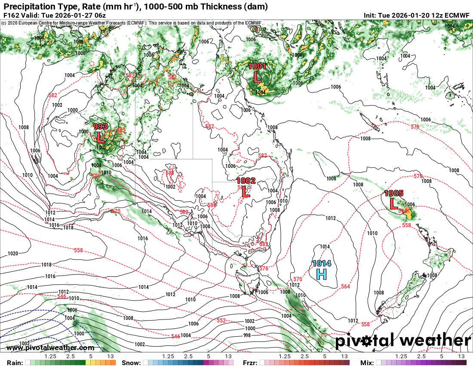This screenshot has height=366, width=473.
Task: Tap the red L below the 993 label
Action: (x=100, y=138)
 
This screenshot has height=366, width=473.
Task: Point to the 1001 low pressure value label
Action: (x=257, y=66)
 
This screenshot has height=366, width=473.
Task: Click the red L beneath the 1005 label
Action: (x=393, y=203)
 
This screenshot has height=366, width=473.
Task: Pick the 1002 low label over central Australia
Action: (x=246, y=181)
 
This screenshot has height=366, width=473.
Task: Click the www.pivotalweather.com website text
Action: (x=50, y=347)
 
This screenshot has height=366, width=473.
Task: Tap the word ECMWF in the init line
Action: (x=458, y=15)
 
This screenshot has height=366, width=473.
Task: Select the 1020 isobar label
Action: (x=13, y=254)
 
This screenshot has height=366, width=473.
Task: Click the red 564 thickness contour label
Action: (x=345, y=287)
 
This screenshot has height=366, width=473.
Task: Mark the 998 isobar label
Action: (x=247, y=335)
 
